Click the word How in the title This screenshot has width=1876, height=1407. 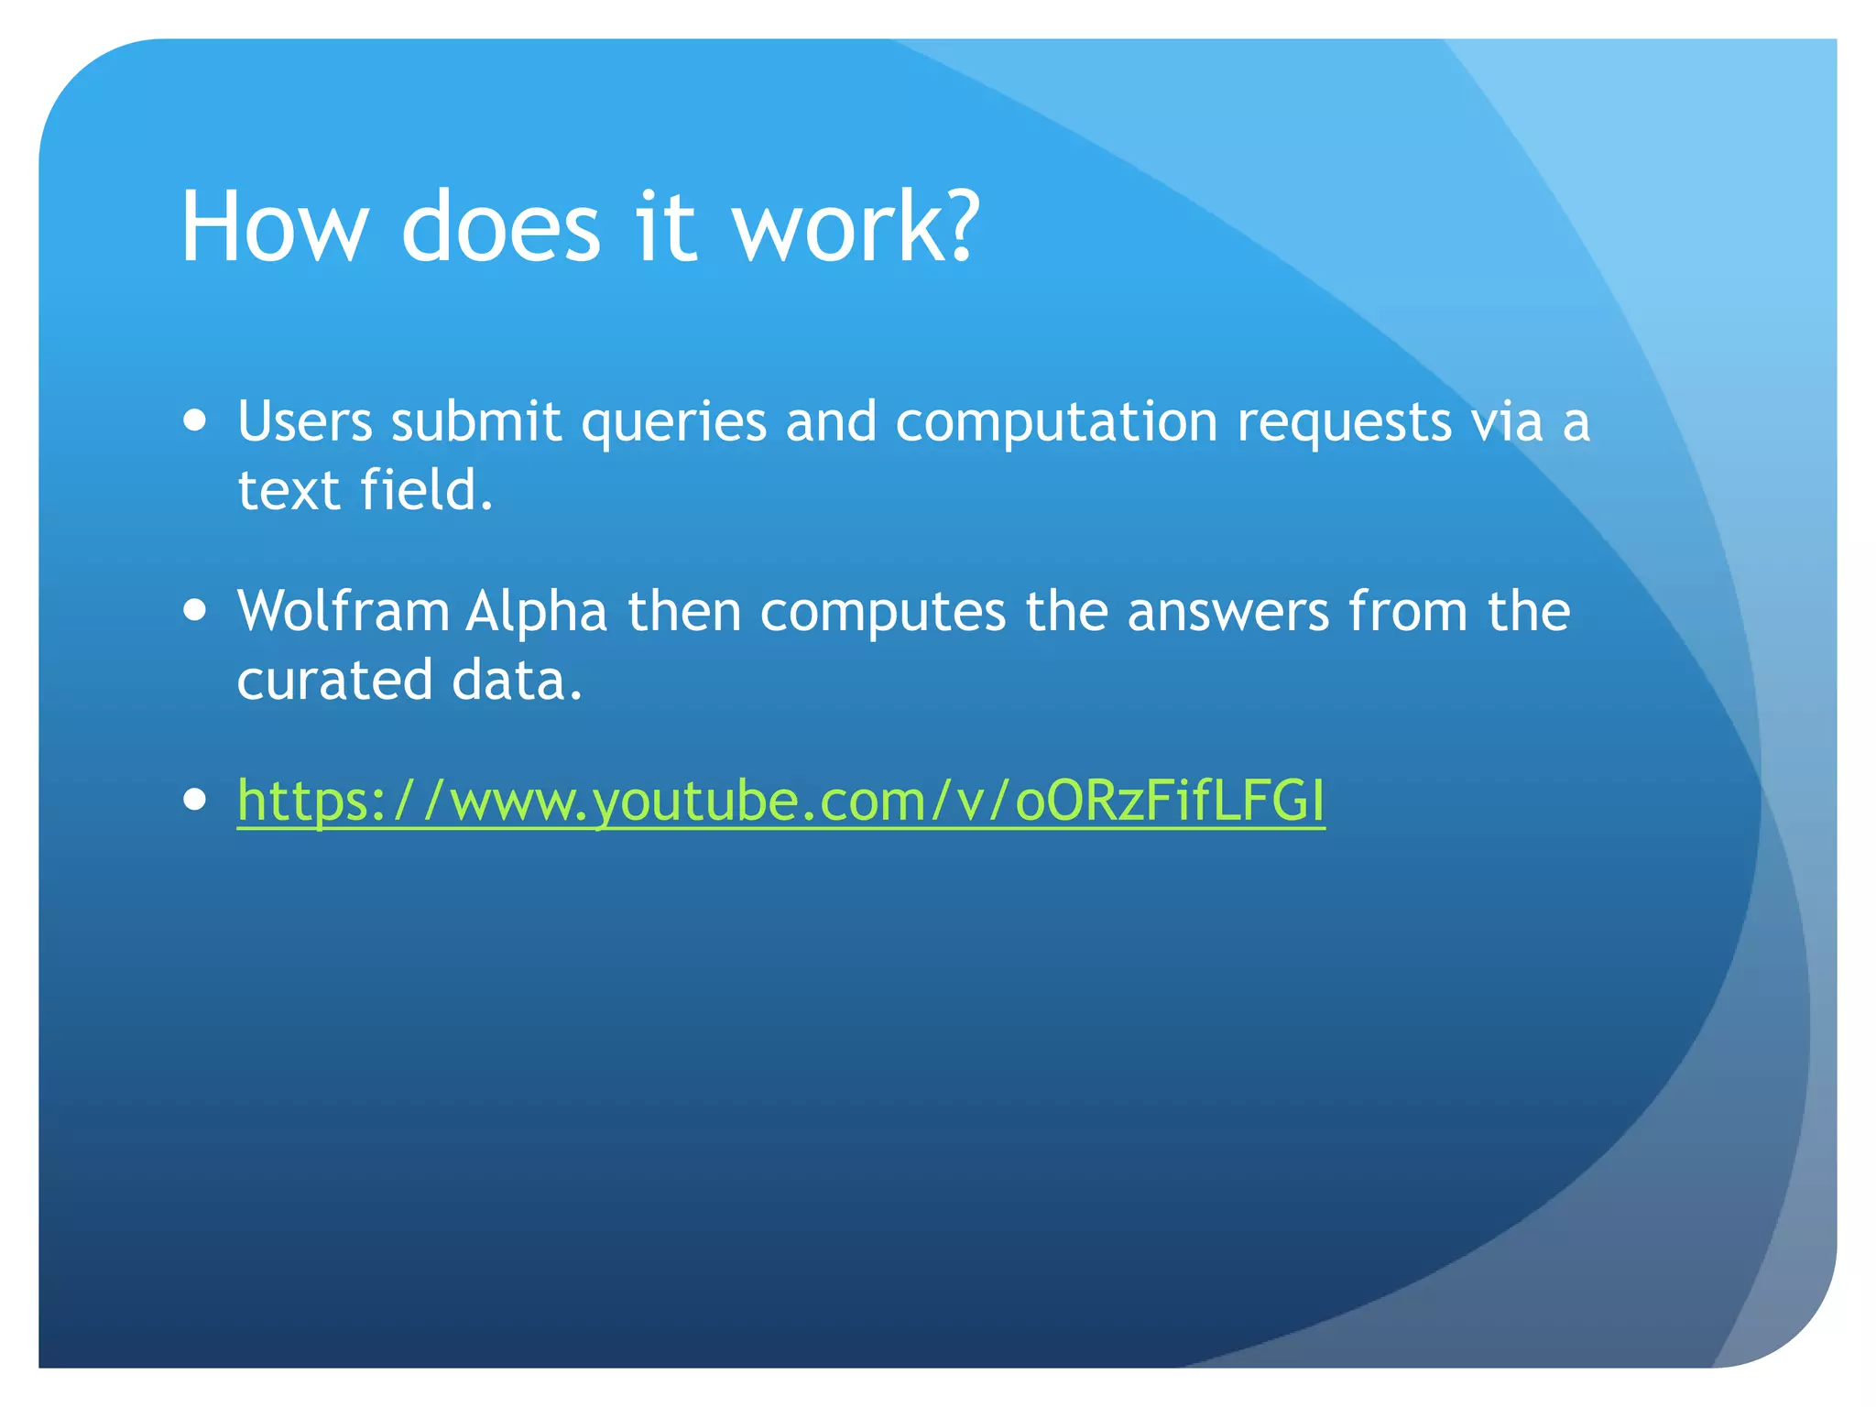tap(273, 227)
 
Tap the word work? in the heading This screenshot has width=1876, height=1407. tap(856, 227)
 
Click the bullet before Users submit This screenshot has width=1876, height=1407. tap(194, 420)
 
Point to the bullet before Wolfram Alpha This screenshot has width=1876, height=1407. tap(194, 610)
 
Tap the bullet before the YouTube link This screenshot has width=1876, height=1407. tap(194, 799)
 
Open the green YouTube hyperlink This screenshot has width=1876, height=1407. tap(780, 801)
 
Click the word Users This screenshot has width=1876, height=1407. tap(304, 422)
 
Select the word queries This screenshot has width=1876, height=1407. tap(673, 424)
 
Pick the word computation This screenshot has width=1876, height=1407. tap(1055, 424)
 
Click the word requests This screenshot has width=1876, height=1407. tap(1344, 424)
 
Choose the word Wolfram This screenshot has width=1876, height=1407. tap(343, 611)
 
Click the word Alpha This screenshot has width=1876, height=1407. tap(537, 611)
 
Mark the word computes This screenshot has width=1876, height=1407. tap(882, 613)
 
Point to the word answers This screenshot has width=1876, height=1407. tap(1227, 613)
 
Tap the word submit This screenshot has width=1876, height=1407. tap(475, 422)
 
